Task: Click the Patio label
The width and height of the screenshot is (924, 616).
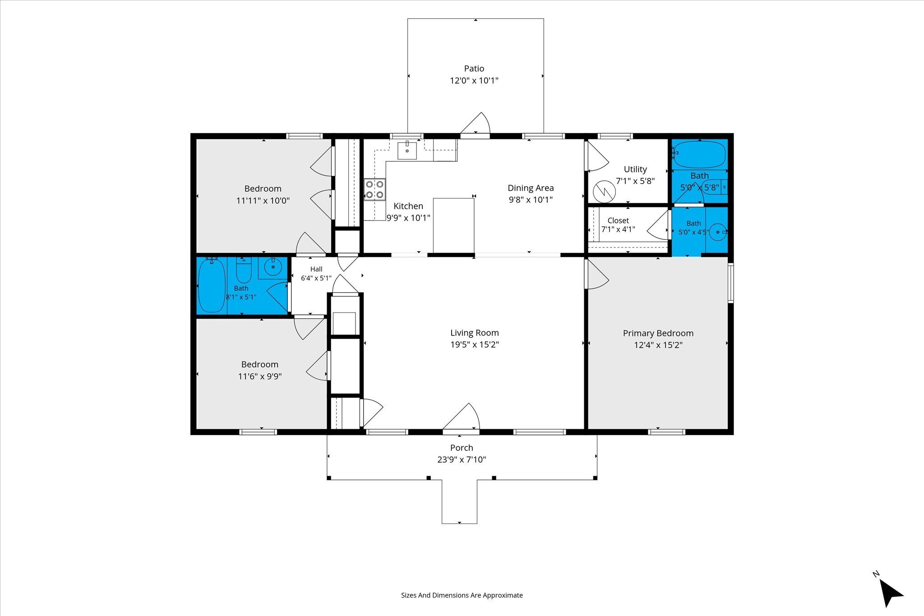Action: coord(474,69)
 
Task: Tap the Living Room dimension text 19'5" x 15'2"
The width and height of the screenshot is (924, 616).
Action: coord(475,345)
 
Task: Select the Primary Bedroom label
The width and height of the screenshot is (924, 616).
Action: coord(658,333)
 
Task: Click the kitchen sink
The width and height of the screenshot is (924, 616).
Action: coord(407,150)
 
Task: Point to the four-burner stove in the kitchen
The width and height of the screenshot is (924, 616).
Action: coord(375,189)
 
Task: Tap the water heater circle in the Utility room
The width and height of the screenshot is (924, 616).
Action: coord(604,192)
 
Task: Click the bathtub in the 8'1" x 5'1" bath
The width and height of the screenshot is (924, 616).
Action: coord(212,285)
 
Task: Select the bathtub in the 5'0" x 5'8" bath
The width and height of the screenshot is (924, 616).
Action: coord(699,154)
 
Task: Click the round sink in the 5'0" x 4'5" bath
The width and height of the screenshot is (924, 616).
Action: coord(718,232)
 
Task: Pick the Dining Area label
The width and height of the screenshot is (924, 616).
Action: coord(531,188)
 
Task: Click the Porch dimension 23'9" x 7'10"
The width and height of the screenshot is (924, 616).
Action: coord(462,460)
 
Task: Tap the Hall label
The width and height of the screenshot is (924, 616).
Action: coord(316,269)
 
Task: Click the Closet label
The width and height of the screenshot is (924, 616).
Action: coord(618,221)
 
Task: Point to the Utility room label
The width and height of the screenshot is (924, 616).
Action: coord(635,169)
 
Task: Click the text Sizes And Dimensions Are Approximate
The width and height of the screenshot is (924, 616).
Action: coord(462,595)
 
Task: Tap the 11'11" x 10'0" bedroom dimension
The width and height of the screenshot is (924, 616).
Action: coord(263,201)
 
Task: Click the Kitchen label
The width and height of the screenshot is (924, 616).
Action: coord(408,206)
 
